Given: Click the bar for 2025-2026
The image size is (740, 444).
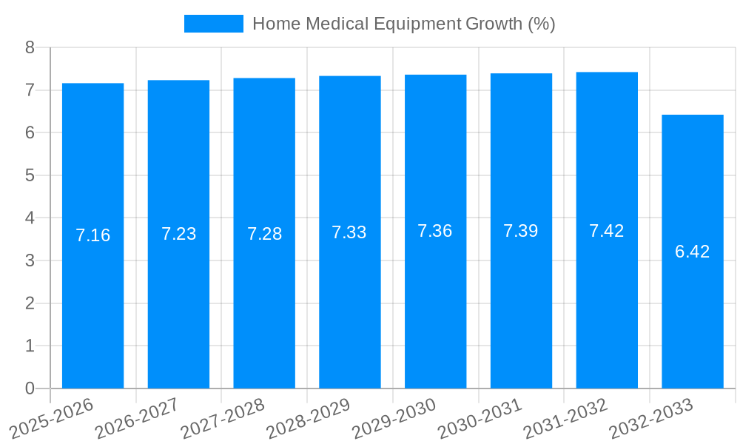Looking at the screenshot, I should pos(92,311).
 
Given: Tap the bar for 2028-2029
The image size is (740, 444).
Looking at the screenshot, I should pos(350,311).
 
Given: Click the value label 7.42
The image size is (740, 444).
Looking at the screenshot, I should pos(607,231).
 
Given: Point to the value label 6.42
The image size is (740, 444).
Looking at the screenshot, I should pos(693,252).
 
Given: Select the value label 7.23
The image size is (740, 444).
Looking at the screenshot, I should pos(178,234).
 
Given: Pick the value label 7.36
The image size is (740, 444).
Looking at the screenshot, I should pos(435,231).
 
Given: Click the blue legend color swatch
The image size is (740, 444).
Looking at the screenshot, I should pos(213,24).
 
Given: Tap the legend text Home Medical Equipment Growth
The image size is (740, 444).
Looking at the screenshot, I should pos(403,24).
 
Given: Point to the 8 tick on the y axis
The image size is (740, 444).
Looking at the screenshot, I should pos(30,47).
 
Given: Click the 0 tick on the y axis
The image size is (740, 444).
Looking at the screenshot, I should pos(30,388).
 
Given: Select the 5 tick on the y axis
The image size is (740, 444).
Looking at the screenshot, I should pos(30,175).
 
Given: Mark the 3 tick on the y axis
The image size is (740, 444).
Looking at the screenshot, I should pos(30,260).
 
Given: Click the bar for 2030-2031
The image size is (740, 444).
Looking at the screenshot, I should pos(521,311).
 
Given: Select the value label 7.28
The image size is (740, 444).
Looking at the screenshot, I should pos(264,234).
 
